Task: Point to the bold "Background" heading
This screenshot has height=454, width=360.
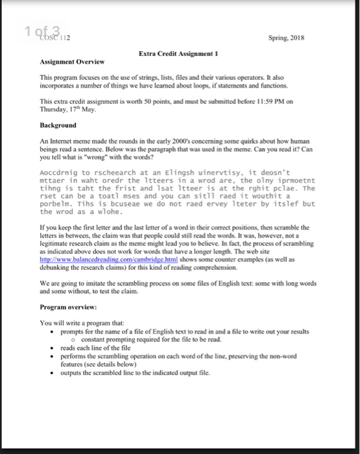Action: coord(58,125)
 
